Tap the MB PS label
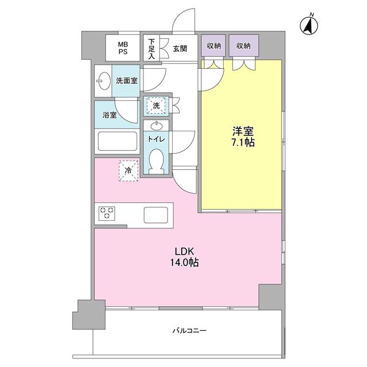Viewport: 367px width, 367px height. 123,48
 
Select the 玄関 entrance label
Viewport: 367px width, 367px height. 180,49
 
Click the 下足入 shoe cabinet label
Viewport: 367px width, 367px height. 151,49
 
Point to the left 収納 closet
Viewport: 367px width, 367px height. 214,46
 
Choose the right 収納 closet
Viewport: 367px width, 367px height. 243,46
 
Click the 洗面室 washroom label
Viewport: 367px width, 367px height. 126,81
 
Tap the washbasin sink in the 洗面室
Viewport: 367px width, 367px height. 103,81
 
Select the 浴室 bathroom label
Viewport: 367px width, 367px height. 110,115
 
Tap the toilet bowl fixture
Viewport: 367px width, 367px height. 156,159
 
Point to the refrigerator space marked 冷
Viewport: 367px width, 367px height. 129,169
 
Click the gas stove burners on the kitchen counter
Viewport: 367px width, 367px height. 107,214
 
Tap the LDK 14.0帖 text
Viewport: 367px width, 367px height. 183,256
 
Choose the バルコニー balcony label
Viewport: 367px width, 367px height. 189,331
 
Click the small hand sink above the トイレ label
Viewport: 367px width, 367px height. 156,125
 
